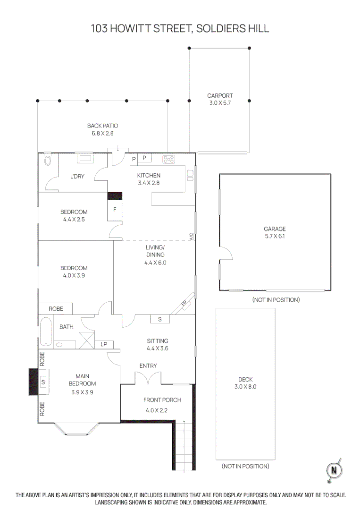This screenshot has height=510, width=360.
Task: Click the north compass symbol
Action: click(335, 470)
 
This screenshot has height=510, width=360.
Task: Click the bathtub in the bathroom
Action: click(45, 331)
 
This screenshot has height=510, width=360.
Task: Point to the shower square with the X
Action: click(85, 340)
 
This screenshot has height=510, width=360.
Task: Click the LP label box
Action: click(104, 344)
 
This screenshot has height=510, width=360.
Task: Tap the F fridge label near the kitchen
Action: click(115, 209)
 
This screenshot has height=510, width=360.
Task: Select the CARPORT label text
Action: click(220, 95)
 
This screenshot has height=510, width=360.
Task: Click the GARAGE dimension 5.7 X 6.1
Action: click(275, 236)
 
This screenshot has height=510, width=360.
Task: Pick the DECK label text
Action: click(245, 379)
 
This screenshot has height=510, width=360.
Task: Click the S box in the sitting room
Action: click(160, 320)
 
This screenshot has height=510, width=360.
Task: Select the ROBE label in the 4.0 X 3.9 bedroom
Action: click(55, 308)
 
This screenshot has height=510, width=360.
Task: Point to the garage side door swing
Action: click(226, 255)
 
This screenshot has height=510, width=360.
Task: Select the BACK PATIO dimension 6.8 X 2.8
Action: click(102, 133)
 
